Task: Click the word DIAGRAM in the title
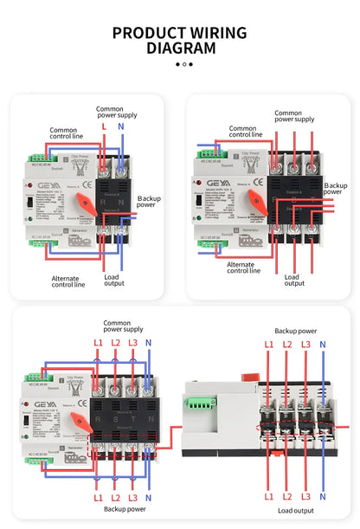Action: [180, 48]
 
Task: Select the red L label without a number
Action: [104, 127]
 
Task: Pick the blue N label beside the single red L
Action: [120, 127]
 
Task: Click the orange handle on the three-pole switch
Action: [258, 201]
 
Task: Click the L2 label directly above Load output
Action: [285, 496]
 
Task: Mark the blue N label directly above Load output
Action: [323, 496]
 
